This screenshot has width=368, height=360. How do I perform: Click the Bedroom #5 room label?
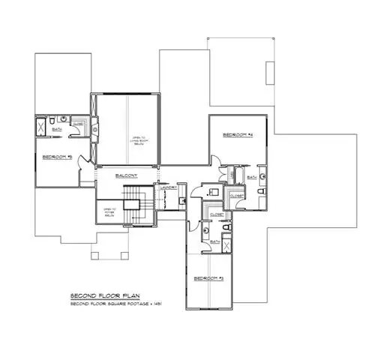[x=56, y=157]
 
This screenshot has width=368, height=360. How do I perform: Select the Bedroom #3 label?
[x=209, y=277]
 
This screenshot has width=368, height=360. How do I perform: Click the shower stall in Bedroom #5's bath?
[x=40, y=126]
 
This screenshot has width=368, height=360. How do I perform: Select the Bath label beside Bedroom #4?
[x=250, y=177]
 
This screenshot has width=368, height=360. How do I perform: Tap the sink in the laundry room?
[x=183, y=201]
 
